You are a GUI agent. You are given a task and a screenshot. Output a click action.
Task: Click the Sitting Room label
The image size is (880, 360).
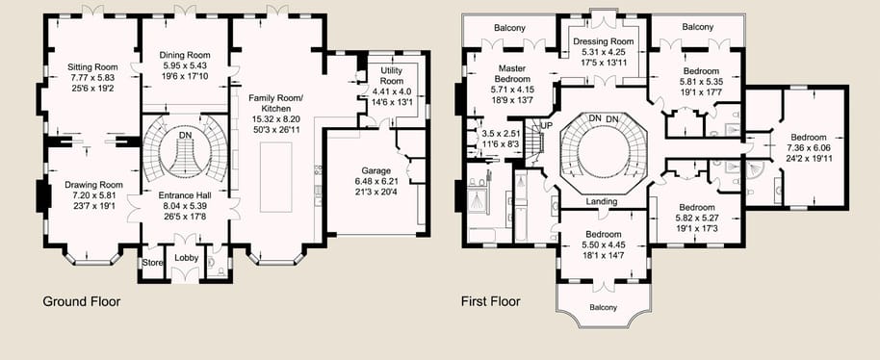pos(91,67)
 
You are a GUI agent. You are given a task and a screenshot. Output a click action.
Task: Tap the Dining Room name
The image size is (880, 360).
pos(185,55)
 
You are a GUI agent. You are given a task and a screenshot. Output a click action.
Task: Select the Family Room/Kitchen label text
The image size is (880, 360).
pos(276,103)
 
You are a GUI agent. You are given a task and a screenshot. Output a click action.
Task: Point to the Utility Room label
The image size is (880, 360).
pos(392,76)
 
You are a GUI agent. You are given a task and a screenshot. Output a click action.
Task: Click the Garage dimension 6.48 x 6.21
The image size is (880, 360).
pos(375,182)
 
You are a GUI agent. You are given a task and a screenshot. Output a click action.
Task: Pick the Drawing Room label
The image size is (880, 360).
pos(93,185)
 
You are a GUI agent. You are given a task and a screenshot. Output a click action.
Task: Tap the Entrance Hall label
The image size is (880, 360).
pos(185,195)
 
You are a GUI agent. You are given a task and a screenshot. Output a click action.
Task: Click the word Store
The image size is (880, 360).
pos(152,263)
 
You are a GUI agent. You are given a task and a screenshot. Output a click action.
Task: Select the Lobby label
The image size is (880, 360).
pos(186,258)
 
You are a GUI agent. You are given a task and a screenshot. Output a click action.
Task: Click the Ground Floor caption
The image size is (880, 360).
pos(82,301)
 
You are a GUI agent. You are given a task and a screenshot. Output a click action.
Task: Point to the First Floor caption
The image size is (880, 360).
pos(490,301)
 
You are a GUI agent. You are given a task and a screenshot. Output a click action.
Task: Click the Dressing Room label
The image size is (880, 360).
pos(604,41)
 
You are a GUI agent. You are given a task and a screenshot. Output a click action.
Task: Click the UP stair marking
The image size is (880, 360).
pos(546,125)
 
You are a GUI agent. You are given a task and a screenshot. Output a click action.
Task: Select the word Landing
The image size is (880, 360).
pos(602,202)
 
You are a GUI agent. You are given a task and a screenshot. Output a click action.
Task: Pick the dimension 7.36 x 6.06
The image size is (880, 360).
pos(808,148)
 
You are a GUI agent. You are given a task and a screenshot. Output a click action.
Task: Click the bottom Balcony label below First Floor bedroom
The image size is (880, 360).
pos(604,307)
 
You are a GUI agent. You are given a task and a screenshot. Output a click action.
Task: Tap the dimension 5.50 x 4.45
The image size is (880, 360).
pos(603,244)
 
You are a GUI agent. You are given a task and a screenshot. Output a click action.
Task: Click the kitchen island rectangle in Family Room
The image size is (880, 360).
pos(276,177)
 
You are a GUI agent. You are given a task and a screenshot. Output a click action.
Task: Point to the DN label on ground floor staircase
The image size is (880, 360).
pos(185,135)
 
